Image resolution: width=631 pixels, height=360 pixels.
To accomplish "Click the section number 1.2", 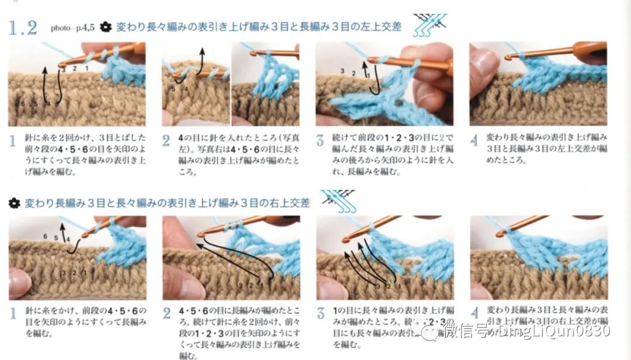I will point(23,27).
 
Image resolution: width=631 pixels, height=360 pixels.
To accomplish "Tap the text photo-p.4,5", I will point(72,27).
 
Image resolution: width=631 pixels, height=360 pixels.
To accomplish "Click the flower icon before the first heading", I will point(106,27).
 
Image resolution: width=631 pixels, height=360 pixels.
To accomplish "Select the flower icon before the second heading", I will point(15,203).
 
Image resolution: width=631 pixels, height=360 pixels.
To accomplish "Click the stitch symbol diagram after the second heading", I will point(339,200).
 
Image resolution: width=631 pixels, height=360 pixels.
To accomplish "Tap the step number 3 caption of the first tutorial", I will point(320,141).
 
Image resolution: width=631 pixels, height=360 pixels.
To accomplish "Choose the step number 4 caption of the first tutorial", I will point(474,141).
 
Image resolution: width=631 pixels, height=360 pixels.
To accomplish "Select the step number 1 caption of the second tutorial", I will point(13,314).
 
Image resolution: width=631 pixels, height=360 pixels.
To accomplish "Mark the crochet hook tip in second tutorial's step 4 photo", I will point(500,234).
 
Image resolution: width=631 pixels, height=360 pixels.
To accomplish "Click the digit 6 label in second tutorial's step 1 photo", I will point(45,236).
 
